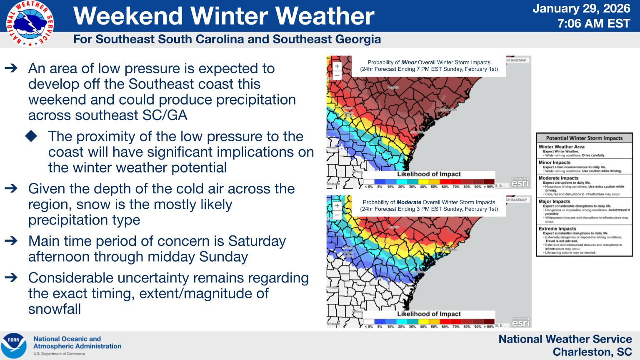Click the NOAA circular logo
click(x=13, y=345)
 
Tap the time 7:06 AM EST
click(x=594, y=23)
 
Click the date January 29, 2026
click(x=582, y=8)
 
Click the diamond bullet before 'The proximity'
click(x=31, y=136)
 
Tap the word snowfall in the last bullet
click(x=55, y=309)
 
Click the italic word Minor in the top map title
click(x=409, y=62)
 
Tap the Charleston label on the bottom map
click(x=448, y=250)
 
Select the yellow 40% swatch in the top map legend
click(x=423, y=182)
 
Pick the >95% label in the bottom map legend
click(x=489, y=327)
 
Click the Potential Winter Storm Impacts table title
click(x=584, y=138)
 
